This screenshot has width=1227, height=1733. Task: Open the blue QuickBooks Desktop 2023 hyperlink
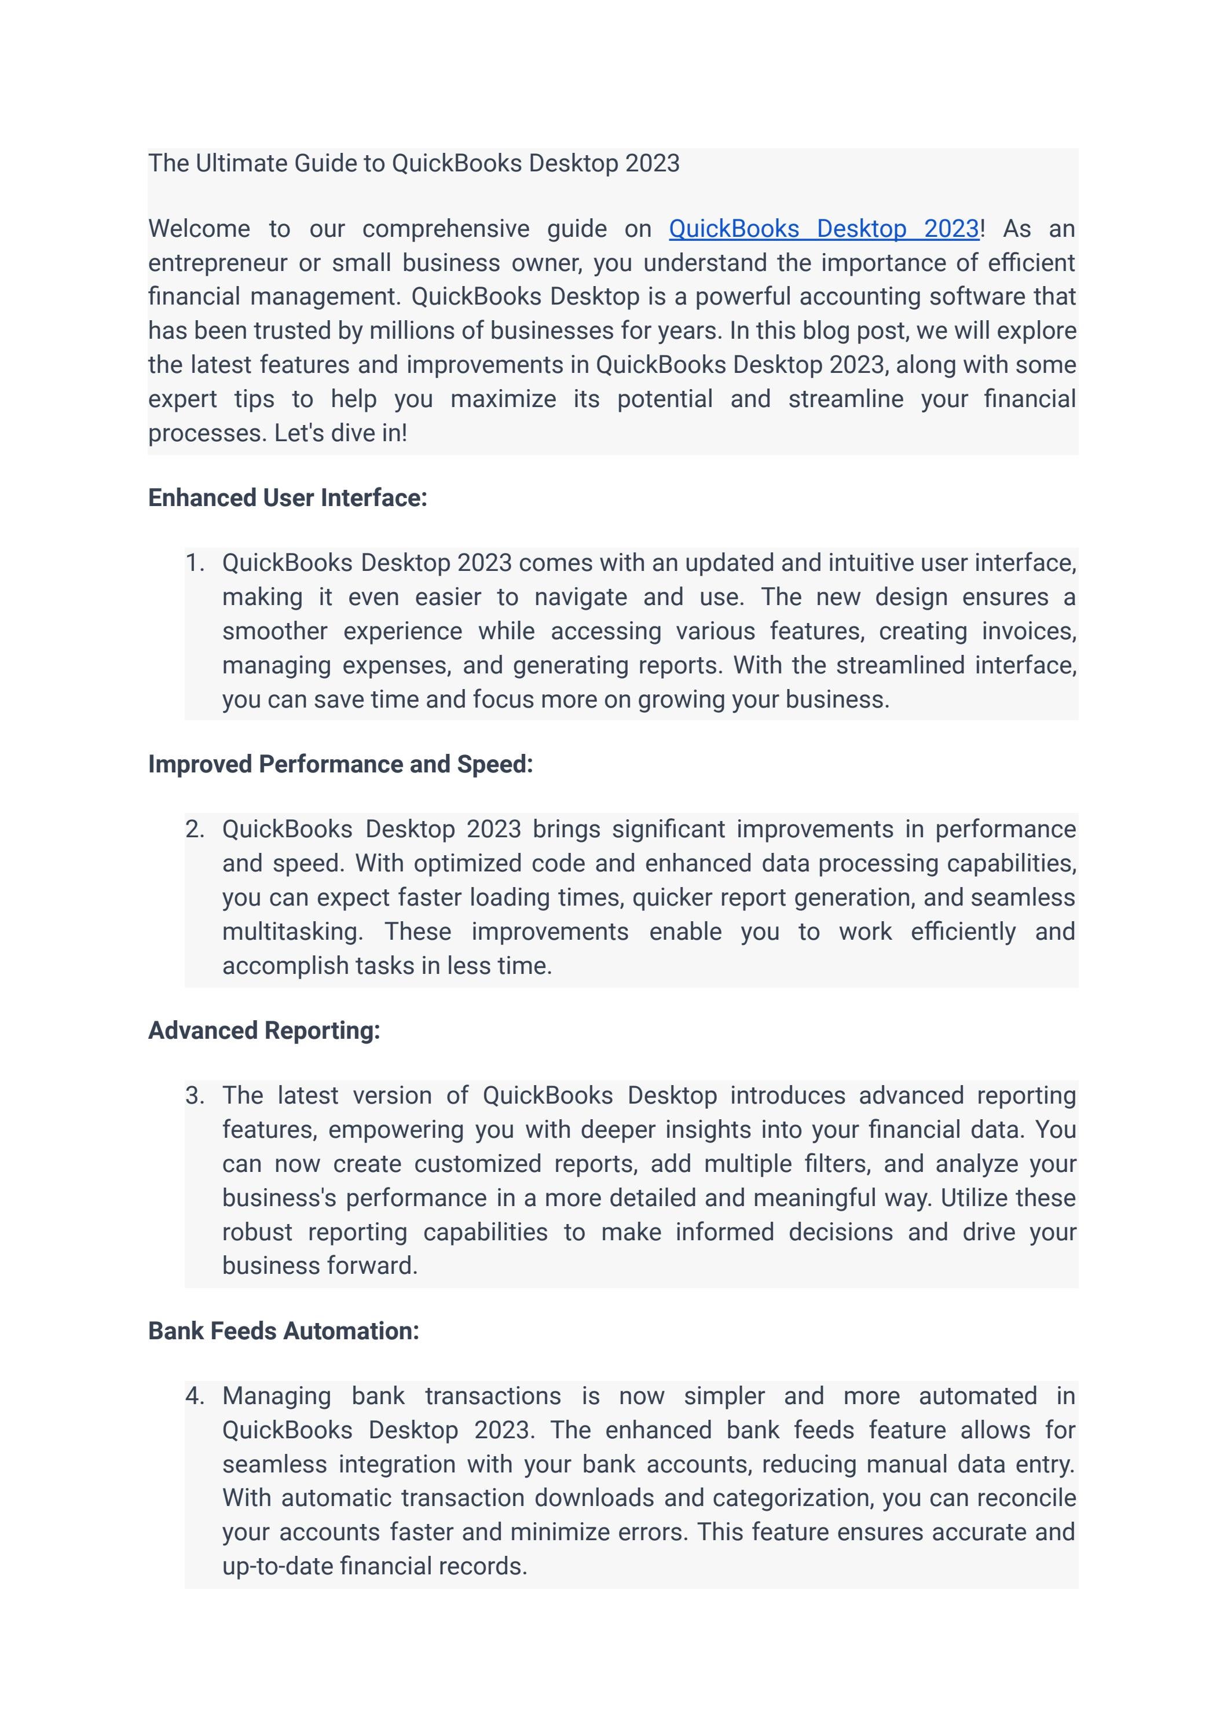click(823, 229)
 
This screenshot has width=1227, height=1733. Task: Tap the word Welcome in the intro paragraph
click(199, 229)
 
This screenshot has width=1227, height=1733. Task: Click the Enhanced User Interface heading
click(287, 498)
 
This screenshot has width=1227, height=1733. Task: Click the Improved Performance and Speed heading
click(340, 764)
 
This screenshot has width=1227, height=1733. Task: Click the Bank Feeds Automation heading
click(283, 1331)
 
